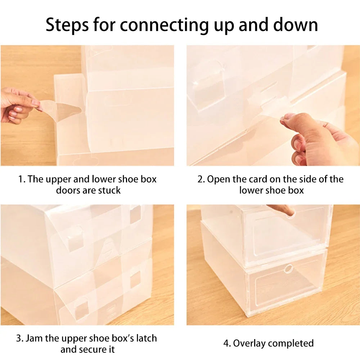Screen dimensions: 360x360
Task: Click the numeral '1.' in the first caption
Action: point(22,179)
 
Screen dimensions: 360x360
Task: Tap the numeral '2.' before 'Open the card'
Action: point(201,179)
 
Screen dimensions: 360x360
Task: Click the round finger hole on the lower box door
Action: point(288,269)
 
